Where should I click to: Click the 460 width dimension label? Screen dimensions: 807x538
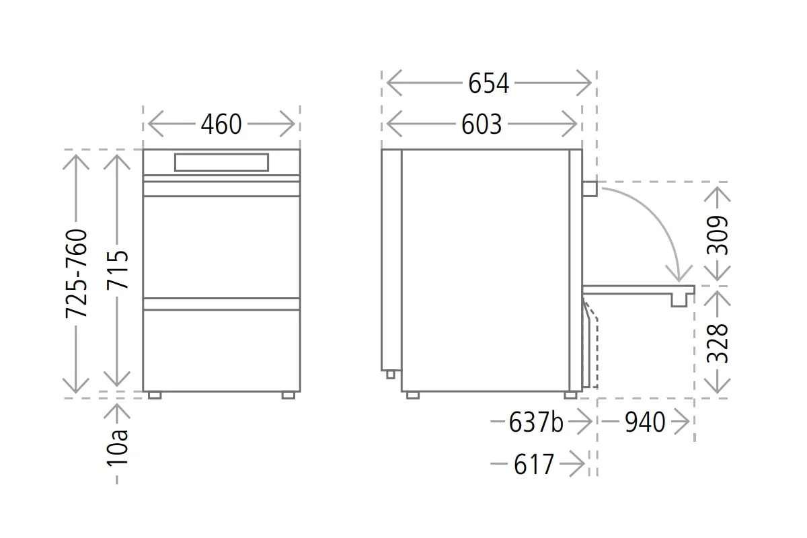221,124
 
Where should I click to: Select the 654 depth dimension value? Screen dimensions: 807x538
488,83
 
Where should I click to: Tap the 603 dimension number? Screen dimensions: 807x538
482,124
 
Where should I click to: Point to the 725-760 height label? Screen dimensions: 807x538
77,274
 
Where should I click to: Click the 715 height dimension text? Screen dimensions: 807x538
118,270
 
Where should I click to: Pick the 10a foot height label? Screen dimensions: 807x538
118,449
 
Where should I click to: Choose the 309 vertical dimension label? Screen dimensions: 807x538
718,235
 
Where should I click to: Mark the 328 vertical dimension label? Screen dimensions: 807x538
718,344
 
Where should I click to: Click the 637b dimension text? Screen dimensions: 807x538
536,422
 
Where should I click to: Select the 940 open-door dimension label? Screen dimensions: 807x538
645,422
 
